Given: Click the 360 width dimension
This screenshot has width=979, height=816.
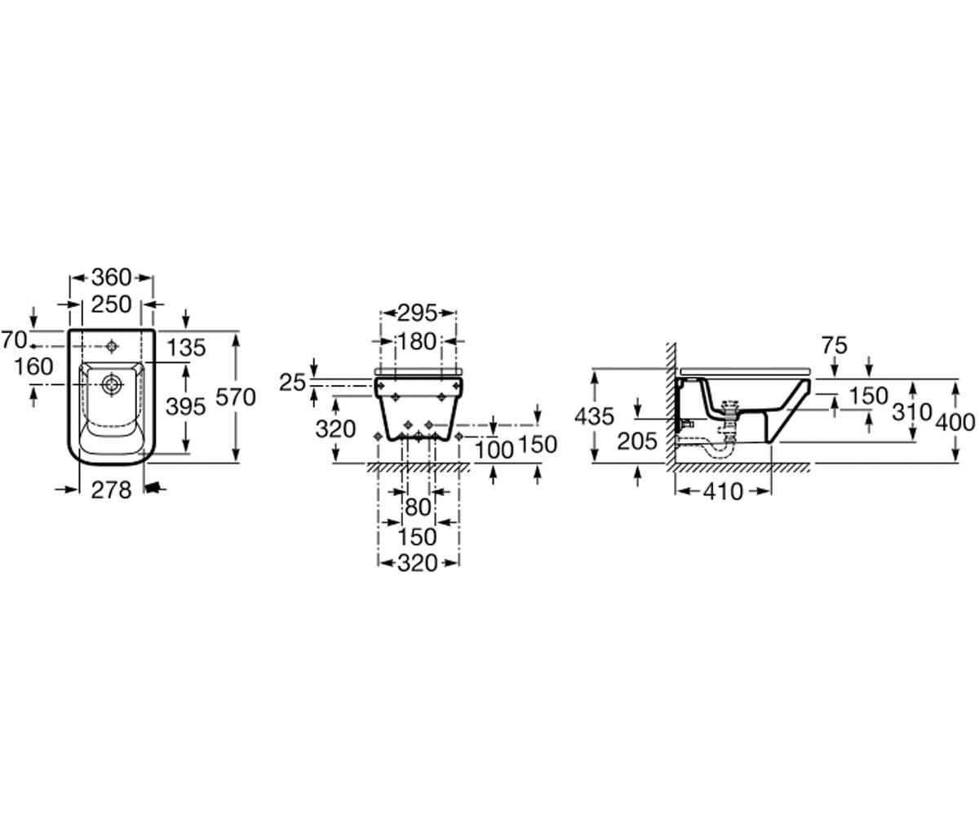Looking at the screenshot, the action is (x=111, y=277).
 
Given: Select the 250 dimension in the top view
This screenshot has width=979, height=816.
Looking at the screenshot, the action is (x=111, y=305).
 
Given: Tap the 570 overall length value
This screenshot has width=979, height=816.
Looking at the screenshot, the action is (x=236, y=397).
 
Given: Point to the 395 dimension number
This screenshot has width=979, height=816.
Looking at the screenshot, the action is (x=186, y=406).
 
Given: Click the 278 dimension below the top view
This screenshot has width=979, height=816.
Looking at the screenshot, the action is (x=111, y=490).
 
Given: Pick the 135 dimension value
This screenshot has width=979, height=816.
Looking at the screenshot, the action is (x=186, y=348).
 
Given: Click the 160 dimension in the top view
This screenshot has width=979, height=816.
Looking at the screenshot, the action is (x=33, y=366).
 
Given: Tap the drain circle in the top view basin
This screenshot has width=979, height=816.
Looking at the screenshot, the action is (x=112, y=384).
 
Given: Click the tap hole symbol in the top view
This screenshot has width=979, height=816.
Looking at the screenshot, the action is (x=112, y=346).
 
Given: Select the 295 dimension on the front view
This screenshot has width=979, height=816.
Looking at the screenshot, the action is (x=417, y=313).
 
